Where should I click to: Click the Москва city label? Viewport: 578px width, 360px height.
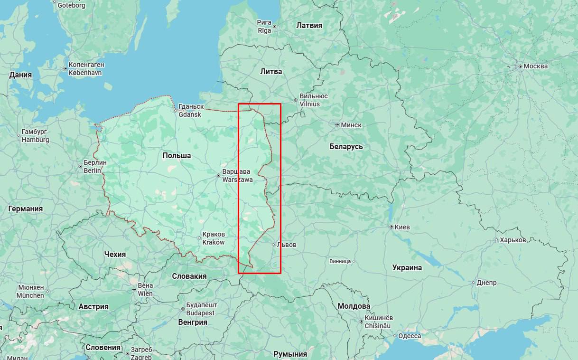point(536,66)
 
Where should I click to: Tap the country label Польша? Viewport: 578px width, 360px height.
point(177,156)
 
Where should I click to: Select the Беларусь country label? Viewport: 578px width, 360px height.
point(346,146)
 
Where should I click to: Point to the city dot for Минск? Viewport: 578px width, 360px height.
point(337,125)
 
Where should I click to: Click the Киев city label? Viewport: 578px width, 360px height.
point(402,227)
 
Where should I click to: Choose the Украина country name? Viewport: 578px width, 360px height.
point(407,267)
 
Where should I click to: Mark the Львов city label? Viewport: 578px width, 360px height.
point(286,245)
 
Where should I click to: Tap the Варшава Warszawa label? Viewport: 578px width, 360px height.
point(237,176)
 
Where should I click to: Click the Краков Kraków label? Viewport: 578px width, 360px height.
point(214,238)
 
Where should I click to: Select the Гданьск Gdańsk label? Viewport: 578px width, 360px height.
point(191,111)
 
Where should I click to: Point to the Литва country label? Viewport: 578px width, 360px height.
point(271,72)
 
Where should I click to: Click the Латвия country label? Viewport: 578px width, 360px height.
point(309,26)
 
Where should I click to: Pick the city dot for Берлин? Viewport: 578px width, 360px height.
point(80,167)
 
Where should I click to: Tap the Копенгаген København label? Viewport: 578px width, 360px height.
point(86,68)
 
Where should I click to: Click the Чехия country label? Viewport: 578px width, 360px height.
point(115,254)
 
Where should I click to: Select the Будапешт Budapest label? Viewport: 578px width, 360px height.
point(199,309)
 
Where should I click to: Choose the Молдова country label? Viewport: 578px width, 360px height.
point(354,306)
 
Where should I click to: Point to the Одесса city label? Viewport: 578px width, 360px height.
point(410,336)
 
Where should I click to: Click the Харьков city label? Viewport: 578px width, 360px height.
point(513,240)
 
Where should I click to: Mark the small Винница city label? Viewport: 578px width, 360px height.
point(340,261)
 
